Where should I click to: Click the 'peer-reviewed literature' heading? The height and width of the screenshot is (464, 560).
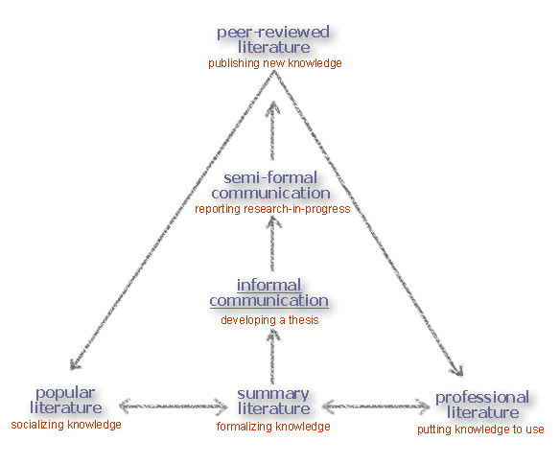click(273, 39)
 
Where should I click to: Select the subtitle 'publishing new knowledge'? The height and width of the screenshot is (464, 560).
click(274, 63)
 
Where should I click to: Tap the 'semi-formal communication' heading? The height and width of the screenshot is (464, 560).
click(270, 185)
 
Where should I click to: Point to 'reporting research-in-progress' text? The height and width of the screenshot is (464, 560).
click(272, 208)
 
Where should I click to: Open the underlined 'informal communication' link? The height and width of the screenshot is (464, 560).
click(268, 292)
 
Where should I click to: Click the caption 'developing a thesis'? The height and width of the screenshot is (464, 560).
click(269, 320)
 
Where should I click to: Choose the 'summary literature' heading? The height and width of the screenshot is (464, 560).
click(273, 402)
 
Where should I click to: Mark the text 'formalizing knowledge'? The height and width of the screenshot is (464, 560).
click(273, 427)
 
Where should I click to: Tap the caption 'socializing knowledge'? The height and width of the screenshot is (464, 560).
click(66, 424)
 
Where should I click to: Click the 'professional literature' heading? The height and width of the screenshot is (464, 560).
click(481, 405)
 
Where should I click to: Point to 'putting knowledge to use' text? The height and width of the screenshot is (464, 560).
click(480, 429)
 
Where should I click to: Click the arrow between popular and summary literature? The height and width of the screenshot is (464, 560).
click(173, 407)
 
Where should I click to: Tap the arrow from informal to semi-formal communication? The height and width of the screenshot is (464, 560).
click(272, 244)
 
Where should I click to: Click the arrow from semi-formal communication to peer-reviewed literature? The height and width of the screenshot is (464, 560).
click(273, 131)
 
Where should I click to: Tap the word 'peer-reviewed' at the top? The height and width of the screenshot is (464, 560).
click(273, 32)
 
